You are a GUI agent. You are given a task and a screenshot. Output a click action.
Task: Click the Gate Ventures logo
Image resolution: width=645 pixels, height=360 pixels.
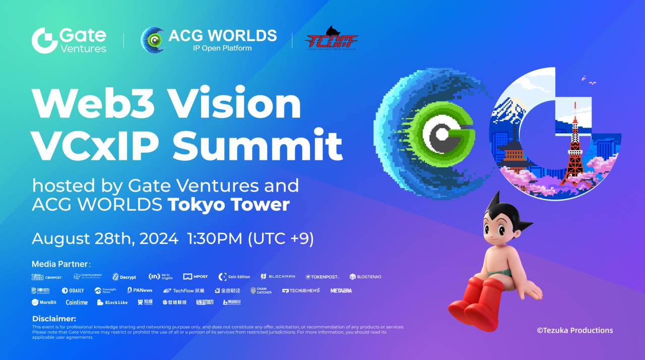(69, 40)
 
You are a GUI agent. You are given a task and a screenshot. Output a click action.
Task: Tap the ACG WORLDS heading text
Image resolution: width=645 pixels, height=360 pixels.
(222, 36)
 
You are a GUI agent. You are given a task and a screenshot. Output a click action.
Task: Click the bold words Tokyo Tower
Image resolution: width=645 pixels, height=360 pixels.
(228, 205)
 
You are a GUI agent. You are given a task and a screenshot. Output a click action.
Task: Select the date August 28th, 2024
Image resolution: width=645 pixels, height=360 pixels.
(105, 238)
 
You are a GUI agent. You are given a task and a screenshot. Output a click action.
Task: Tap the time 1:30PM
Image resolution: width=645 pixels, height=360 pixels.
(215, 238)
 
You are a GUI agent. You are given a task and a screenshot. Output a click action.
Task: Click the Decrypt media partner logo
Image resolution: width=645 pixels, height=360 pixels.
(124, 277)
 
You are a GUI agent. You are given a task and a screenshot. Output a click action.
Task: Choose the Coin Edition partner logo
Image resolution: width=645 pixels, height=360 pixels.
(234, 277)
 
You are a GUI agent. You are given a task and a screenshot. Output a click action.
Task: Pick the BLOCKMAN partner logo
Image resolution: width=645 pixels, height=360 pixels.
(278, 277)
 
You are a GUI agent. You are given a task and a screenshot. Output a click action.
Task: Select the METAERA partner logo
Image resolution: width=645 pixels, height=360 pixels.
(341, 290)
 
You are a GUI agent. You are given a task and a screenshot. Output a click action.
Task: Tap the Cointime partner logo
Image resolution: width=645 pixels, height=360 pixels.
(77, 303)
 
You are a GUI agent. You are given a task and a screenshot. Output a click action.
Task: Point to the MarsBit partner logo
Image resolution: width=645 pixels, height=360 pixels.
(44, 303)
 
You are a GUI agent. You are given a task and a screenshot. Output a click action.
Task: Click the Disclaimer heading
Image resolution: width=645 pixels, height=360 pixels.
(54, 319)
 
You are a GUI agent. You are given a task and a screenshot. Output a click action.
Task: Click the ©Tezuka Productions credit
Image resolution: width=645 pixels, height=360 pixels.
(575, 330)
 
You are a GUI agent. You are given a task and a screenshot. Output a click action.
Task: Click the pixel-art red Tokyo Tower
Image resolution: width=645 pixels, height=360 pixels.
(574, 151)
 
